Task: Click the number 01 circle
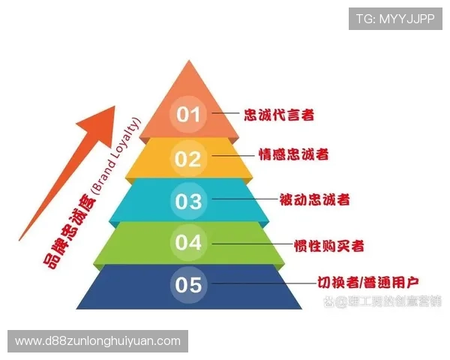[x=189, y=115]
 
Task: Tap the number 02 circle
[x=189, y=158]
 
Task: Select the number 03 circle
[x=189, y=201]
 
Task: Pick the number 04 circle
[x=189, y=242]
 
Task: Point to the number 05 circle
[x=189, y=285]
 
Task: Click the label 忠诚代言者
[x=279, y=115]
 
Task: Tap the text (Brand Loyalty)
[x=113, y=157]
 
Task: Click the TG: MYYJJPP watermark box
[x=395, y=19]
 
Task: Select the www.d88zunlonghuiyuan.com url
[x=98, y=341]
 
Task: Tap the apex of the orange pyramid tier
[x=189, y=61]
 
